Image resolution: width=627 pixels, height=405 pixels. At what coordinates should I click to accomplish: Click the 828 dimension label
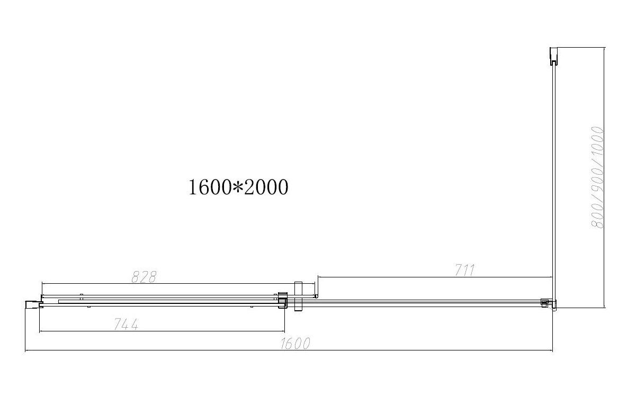(144, 277)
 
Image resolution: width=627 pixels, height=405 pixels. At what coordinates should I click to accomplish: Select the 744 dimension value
(126, 324)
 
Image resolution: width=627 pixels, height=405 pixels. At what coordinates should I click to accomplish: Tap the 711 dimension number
(464, 271)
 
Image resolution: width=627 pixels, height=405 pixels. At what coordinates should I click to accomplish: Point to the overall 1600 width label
(295, 344)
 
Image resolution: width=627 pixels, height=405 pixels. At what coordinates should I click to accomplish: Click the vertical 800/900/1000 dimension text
(597, 177)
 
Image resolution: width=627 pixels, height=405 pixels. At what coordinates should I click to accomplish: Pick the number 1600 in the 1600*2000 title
(210, 187)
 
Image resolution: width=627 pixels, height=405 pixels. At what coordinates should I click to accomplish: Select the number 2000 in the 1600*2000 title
(266, 187)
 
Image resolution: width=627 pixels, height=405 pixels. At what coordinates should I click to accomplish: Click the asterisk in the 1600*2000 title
(238, 187)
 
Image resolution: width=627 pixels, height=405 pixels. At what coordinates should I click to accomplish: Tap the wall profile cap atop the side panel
(553, 56)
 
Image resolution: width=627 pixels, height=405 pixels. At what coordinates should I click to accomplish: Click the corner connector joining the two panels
(548, 304)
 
